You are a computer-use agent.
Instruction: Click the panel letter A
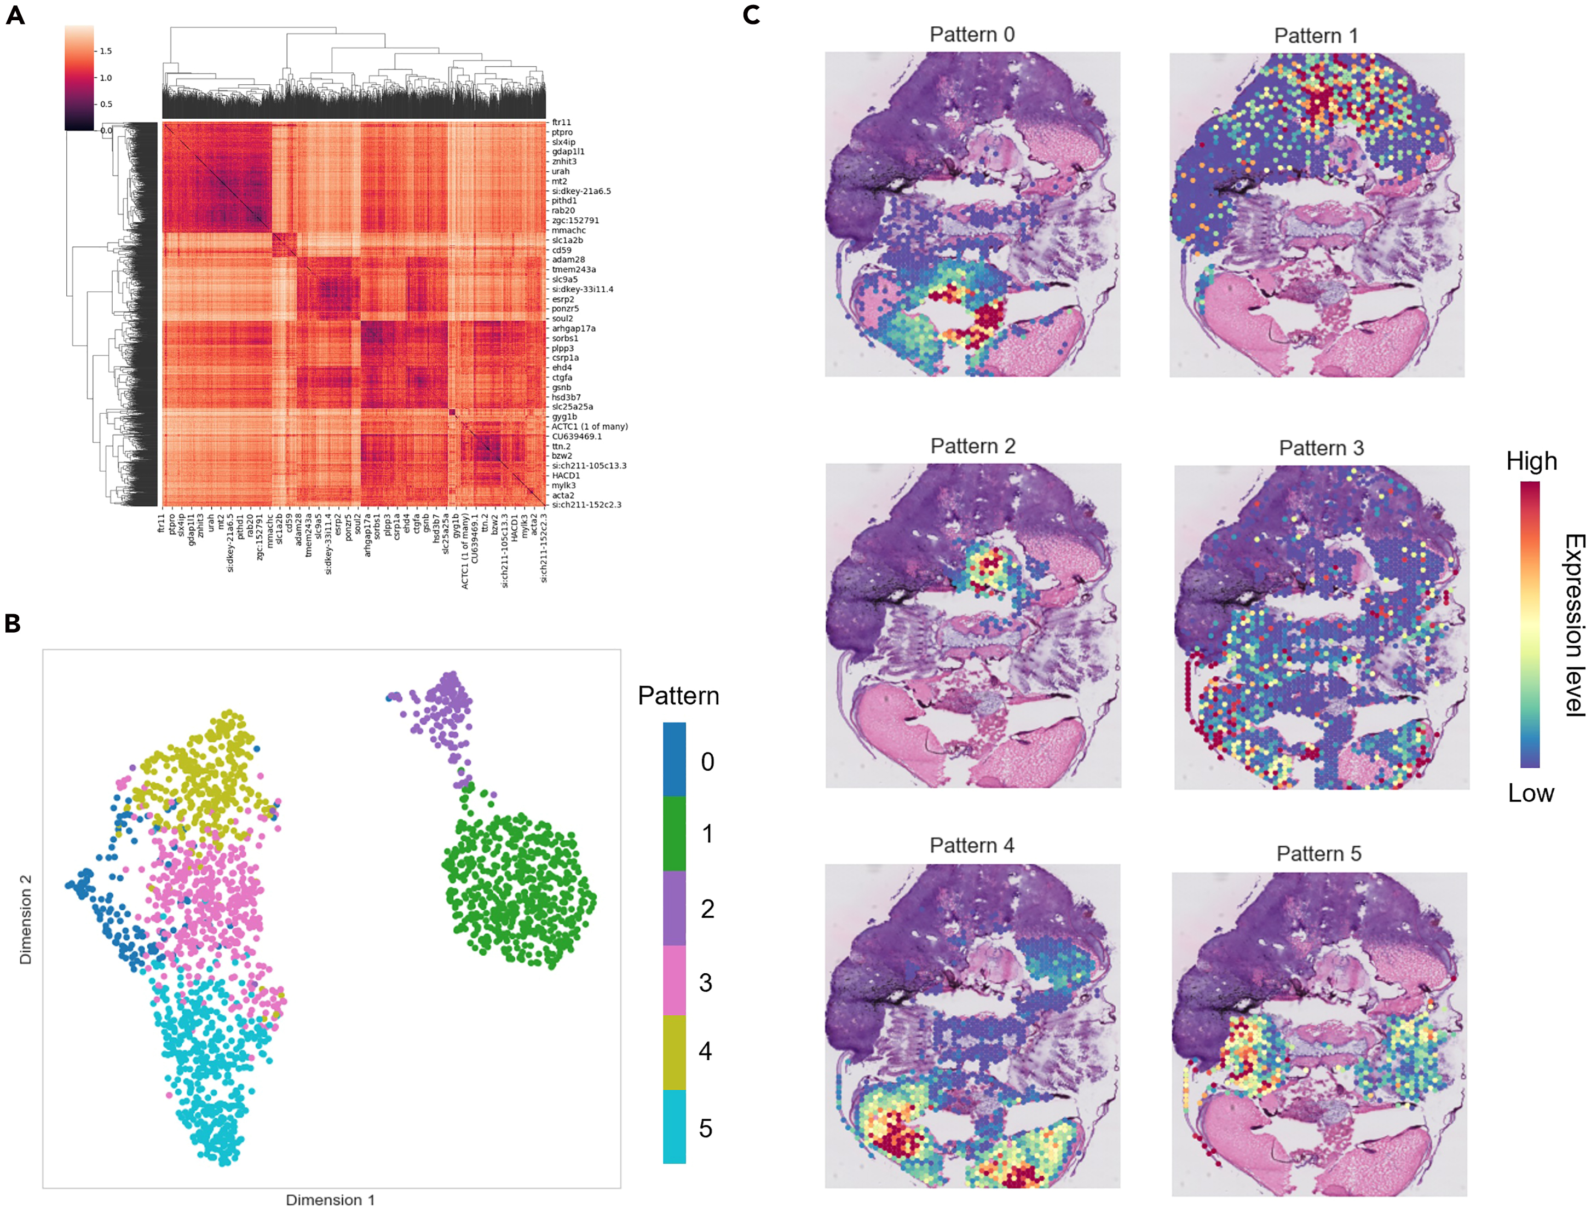click(15, 15)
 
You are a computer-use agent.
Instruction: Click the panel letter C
click(752, 15)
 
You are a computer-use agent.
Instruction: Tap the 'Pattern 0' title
click(972, 34)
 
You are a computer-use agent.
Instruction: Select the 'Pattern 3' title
click(1321, 448)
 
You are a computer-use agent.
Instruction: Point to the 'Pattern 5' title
click(1318, 853)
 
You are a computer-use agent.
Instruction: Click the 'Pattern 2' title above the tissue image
click(972, 446)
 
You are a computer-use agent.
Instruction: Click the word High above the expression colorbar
click(1531, 461)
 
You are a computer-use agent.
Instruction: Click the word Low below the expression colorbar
click(1531, 793)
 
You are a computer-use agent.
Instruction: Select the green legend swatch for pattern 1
click(674, 834)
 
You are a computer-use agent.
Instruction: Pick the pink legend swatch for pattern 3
click(674, 981)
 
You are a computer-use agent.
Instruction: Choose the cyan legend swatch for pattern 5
click(674, 1127)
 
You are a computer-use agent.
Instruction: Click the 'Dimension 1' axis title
click(330, 1199)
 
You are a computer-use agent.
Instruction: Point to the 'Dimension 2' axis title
click(26, 919)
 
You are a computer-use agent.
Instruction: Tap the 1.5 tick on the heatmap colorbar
click(106, 51)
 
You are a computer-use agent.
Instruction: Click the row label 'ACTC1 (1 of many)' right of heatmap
click(589, 426)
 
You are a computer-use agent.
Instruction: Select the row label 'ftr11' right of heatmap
click(561, 122)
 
